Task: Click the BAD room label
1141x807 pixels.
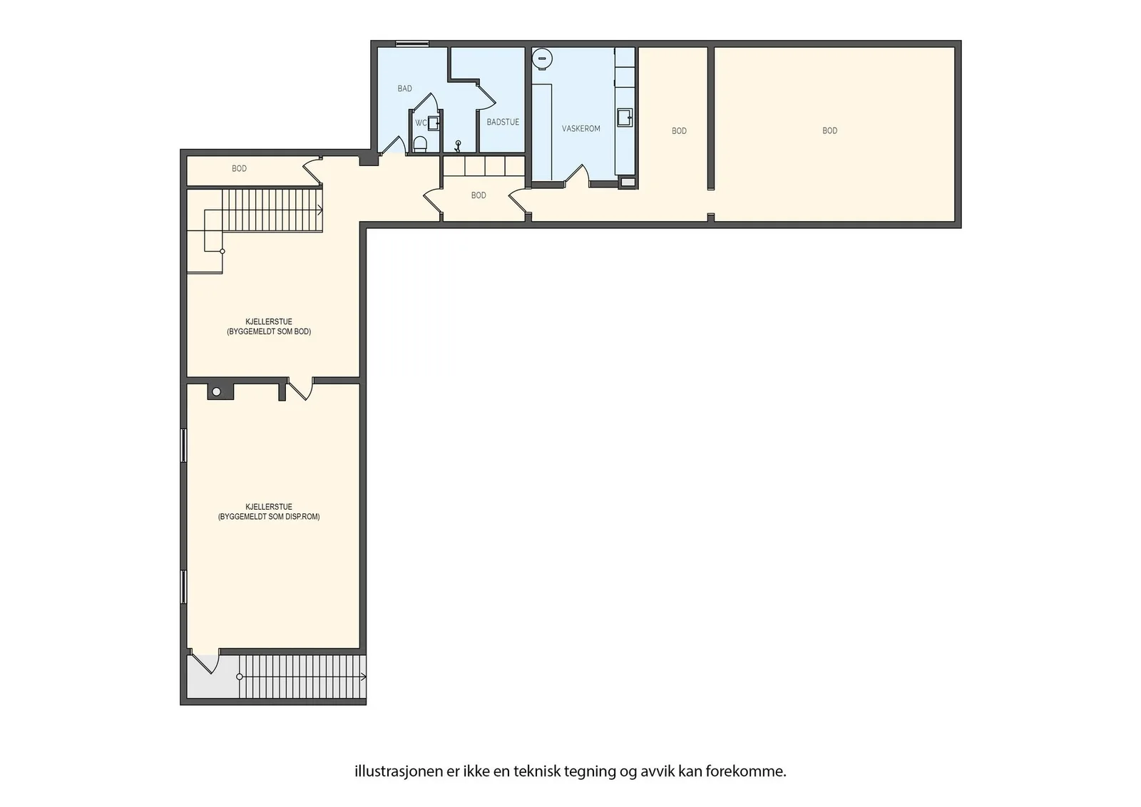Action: coord(404,88)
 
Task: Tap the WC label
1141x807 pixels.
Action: coord(421,123)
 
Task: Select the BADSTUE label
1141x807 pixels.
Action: coord(503,122)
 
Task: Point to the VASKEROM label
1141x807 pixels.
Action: coord(580,129)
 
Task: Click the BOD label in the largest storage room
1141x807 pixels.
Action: coord(830,131)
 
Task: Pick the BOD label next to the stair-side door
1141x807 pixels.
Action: coord(239,168)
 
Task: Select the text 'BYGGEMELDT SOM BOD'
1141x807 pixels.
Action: coord(269,331)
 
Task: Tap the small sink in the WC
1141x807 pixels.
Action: coord(434,123)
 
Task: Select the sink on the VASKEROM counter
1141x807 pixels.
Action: coord(625,118)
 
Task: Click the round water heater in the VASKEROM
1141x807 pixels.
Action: coord(543,58)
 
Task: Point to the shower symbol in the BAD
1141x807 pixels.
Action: coord(457,147)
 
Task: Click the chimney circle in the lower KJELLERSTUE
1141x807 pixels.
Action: coord(217,391)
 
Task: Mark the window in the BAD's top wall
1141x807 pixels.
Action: coord(412,43)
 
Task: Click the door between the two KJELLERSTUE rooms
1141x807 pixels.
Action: coord(300,389)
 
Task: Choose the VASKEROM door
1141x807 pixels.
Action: coord(577,175)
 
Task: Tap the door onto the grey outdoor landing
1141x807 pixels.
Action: coord(204,661)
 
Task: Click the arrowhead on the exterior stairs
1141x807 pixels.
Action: coord(364,677)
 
